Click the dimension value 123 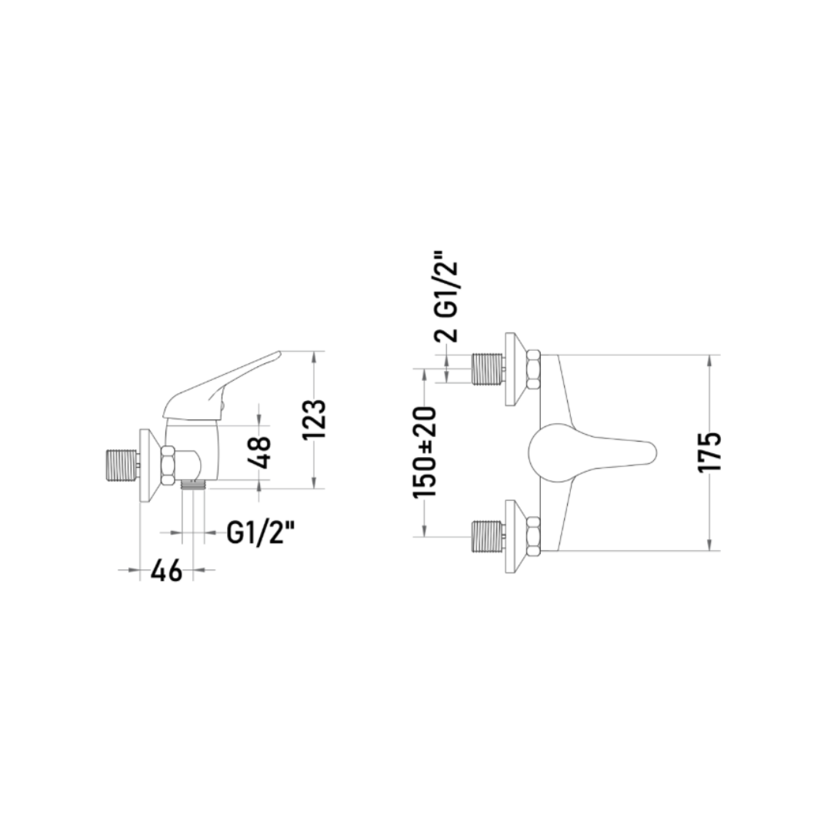pos(314,420)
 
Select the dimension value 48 pos(259,452)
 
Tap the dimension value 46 pos(166,571)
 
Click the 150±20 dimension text pos(425,452)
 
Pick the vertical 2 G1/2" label pos(446,301)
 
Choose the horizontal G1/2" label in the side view pos(260,532)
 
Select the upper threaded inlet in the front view pos(487,369)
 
